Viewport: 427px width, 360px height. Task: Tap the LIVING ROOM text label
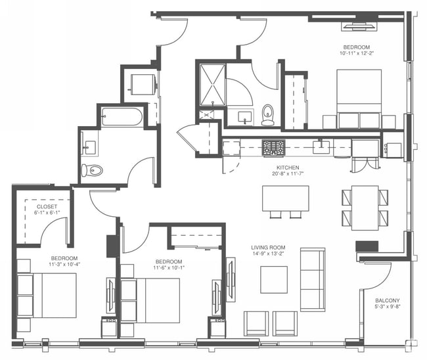(x=268, y=248)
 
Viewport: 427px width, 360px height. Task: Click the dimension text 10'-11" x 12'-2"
(x=356, y=54)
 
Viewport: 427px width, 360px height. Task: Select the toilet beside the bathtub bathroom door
(x=93, y=171)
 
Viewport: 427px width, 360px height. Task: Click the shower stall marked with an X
(x=212, y=83)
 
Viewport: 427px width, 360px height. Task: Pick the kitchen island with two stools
(x=285, y=198)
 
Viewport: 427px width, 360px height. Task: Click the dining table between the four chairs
(x=365, y=208)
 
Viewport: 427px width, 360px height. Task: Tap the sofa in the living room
(x=312, y=279)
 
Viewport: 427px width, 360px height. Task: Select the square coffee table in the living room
(x=273, y=279)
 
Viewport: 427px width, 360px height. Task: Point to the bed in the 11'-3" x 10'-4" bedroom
(x=53, y=296)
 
